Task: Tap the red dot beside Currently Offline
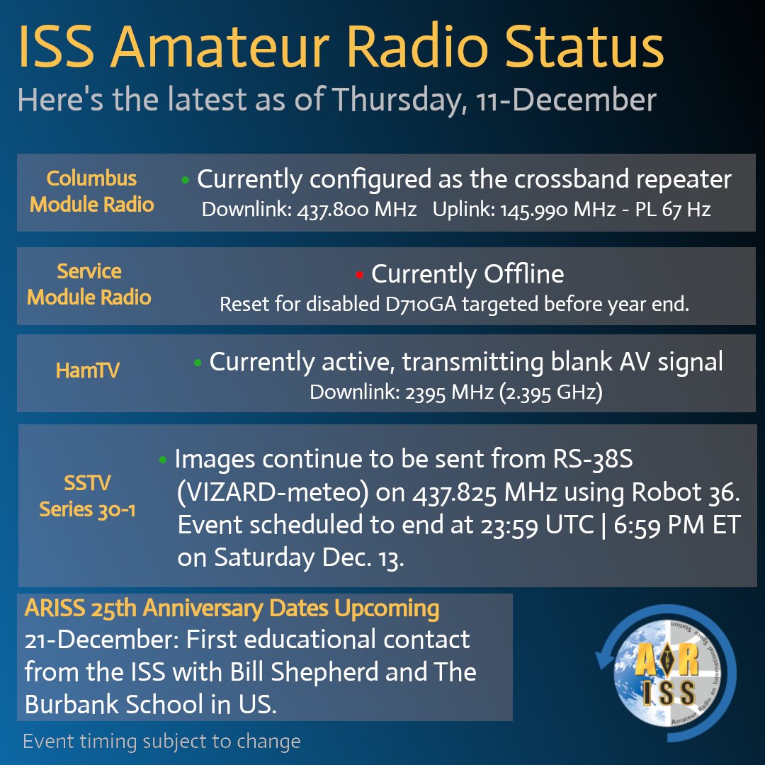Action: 359,274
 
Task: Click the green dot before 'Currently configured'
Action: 186,181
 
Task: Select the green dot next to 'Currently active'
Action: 198,363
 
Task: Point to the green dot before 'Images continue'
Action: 163,461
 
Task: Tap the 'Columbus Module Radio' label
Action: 92,191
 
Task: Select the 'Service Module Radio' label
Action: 89,283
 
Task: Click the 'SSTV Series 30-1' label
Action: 88,496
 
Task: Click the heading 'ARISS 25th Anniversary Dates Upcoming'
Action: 232,608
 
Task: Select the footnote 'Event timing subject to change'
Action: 162,742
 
